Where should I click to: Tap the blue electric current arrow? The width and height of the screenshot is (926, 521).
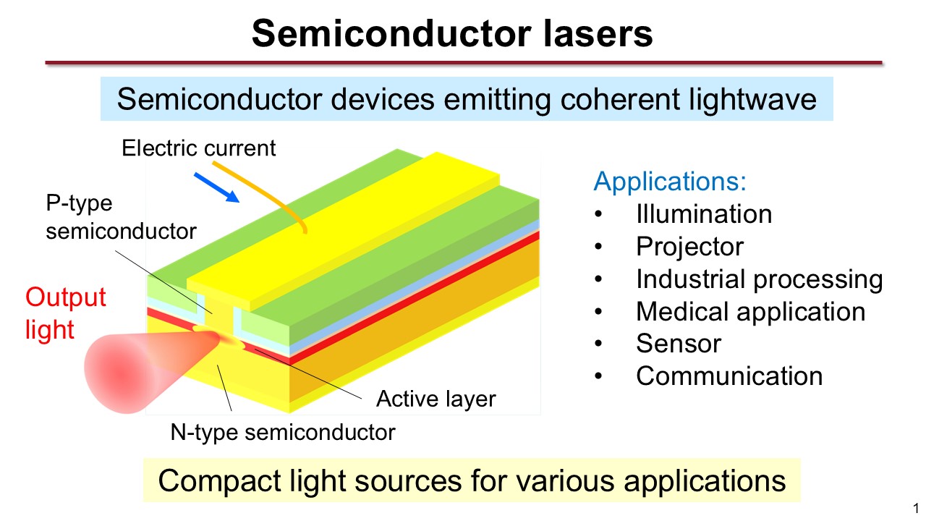pos(217,185)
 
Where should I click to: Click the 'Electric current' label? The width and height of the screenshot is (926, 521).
pos(199,148)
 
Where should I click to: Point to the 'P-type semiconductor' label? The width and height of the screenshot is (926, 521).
pos(121,217)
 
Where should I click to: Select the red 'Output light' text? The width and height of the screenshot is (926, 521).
pos(65,313)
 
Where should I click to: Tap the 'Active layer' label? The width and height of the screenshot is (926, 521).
pos(436,399)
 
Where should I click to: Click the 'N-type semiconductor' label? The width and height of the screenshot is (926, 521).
pos(283,433)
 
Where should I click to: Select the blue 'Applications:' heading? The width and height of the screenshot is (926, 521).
pos(670,181)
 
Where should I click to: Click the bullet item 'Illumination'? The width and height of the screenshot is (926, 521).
pos(704,214)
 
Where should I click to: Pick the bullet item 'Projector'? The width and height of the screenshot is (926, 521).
pos(689,247)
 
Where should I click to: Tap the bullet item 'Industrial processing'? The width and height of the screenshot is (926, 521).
pos(759,279)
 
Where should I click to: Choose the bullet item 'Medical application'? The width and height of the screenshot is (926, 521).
pos(750,312)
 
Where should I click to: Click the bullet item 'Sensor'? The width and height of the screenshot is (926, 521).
pos(679,344)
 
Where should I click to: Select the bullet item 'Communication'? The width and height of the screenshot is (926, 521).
pos(729,376)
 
